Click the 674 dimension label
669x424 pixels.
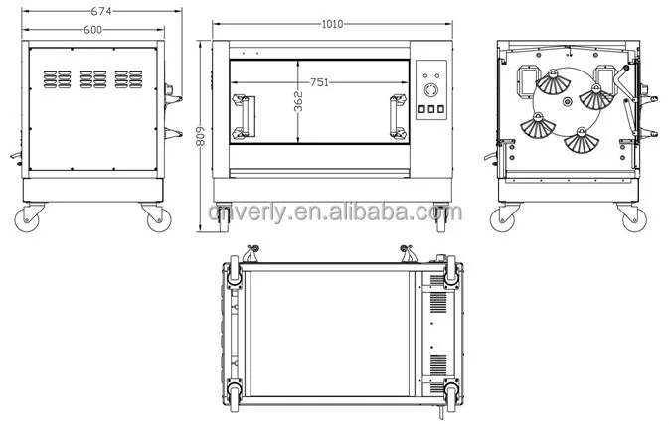(101, 11)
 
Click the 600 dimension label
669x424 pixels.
(92, 30)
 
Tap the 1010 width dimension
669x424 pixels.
(332, 24)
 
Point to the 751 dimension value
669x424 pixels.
(319, 82)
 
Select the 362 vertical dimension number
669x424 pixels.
(298, 101)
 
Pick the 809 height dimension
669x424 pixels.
(201, 136)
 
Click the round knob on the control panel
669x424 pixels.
(431, 90)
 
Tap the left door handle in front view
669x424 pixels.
(244, 117)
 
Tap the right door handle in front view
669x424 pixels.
(398, 117)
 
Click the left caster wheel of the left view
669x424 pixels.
(27, 220)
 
